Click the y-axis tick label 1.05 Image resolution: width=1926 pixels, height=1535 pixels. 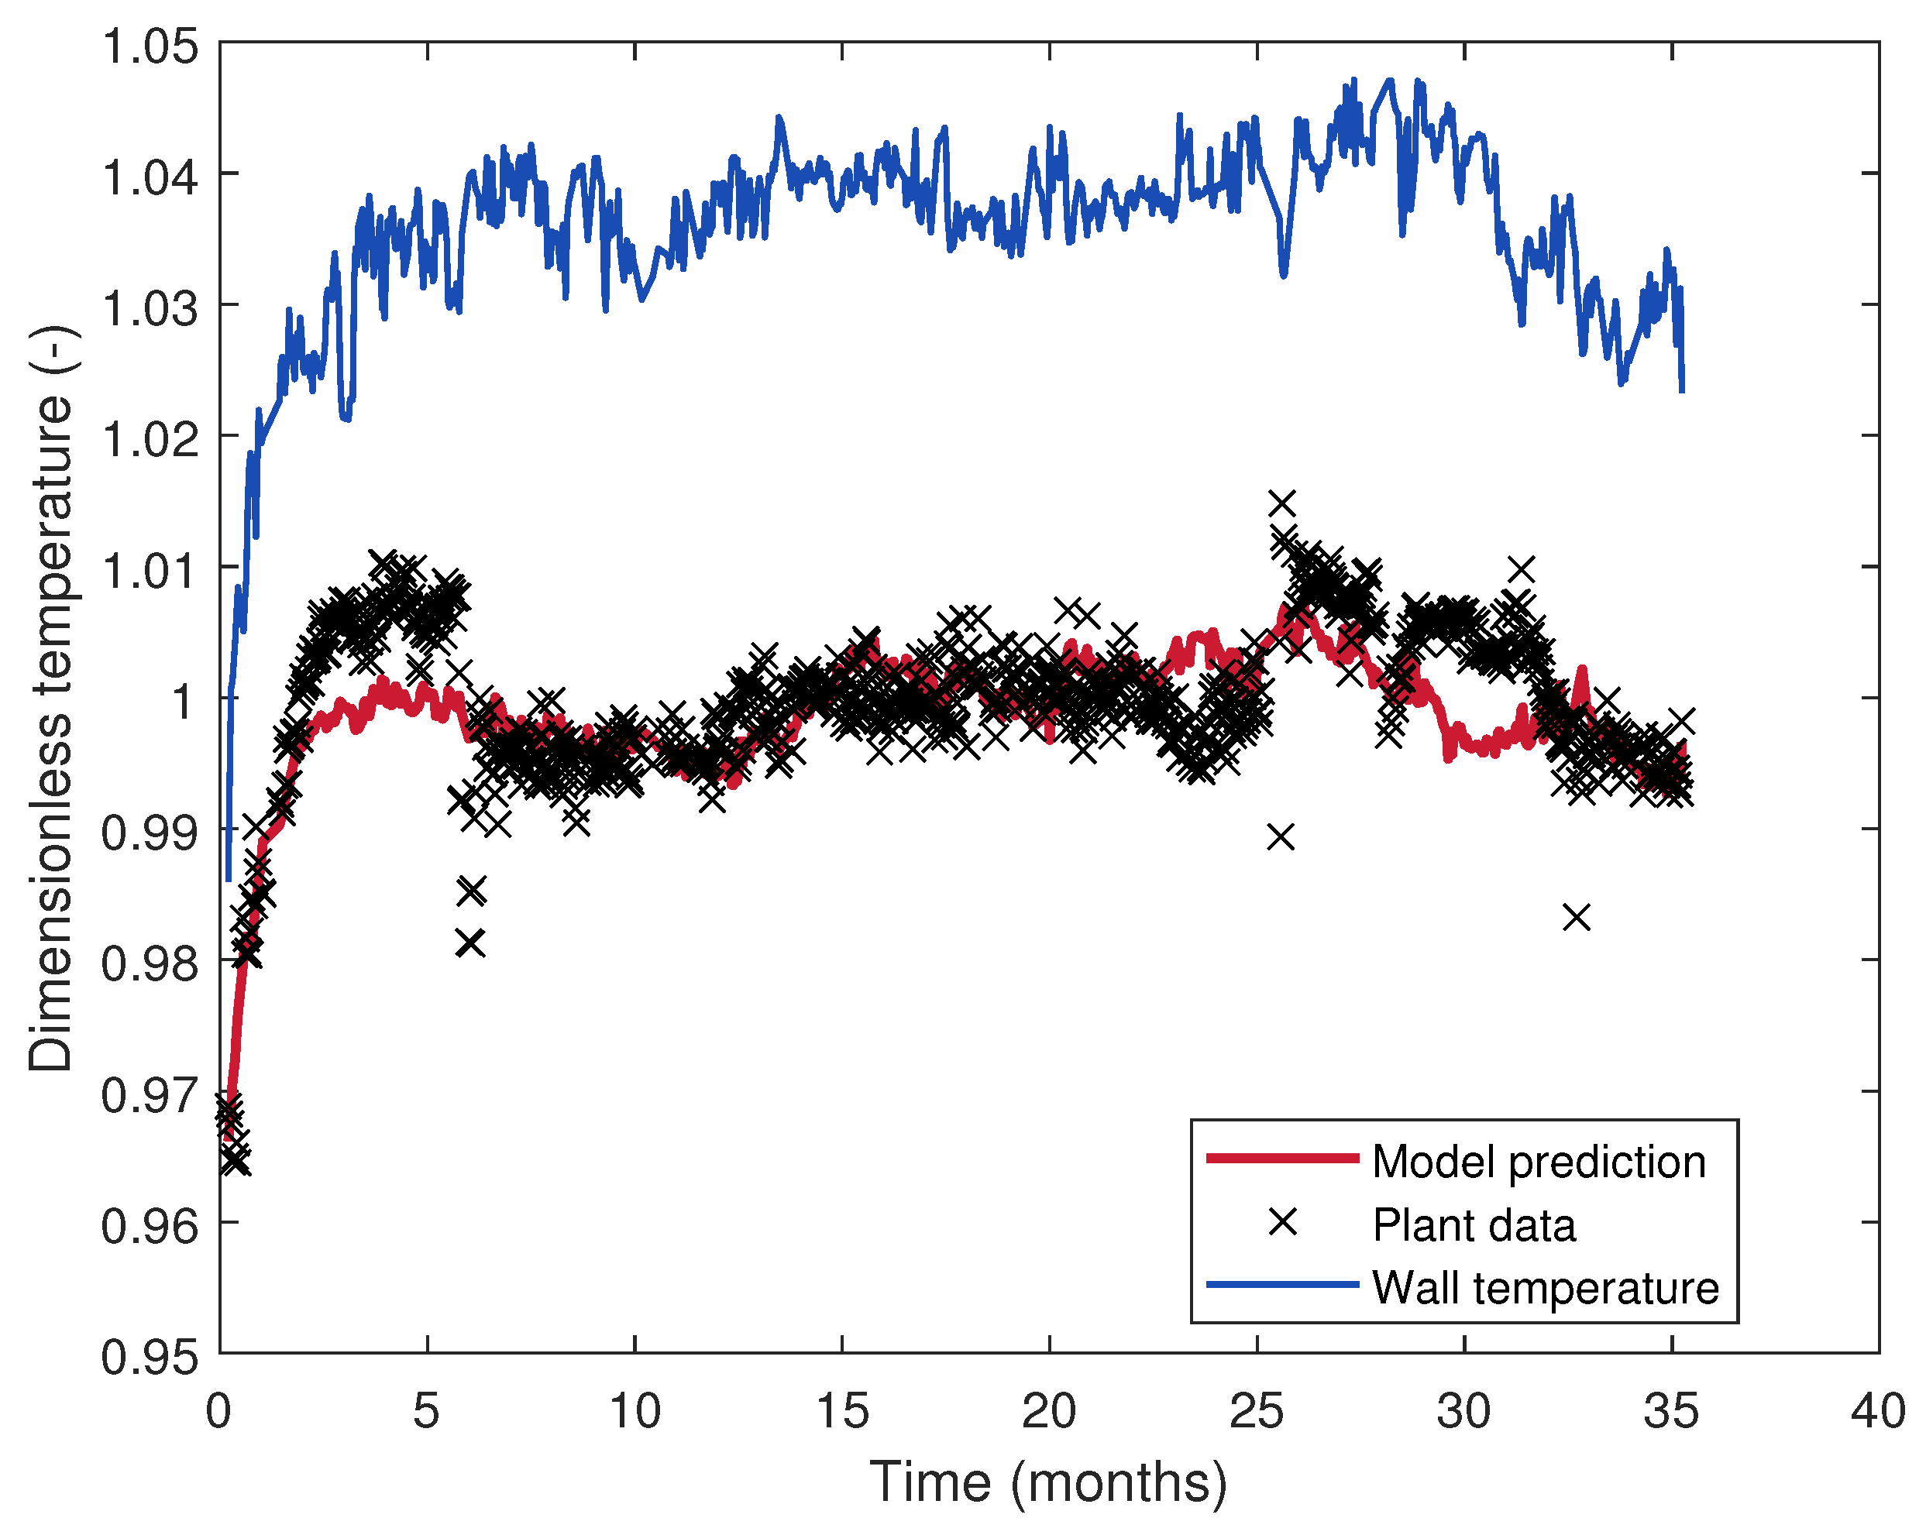pos(150,46)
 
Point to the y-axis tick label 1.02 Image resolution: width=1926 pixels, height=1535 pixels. pos(150,439)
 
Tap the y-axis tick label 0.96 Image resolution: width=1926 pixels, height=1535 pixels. pos(150,1226)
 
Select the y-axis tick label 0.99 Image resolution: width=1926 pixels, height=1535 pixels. pos(150,833)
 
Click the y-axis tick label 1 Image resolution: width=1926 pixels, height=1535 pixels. pos(183,701)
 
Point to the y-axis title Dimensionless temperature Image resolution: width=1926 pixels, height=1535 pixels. pos(51,699)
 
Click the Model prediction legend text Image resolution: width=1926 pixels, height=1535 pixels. pos(1539,1162)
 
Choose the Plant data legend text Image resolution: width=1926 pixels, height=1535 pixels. pos(1474,1225)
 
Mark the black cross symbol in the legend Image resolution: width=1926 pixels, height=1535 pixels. pos(1283,1222)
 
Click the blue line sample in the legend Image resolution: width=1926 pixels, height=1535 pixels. pos(1283,1285)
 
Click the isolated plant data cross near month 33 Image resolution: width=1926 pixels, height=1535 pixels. pos(1577,917)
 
